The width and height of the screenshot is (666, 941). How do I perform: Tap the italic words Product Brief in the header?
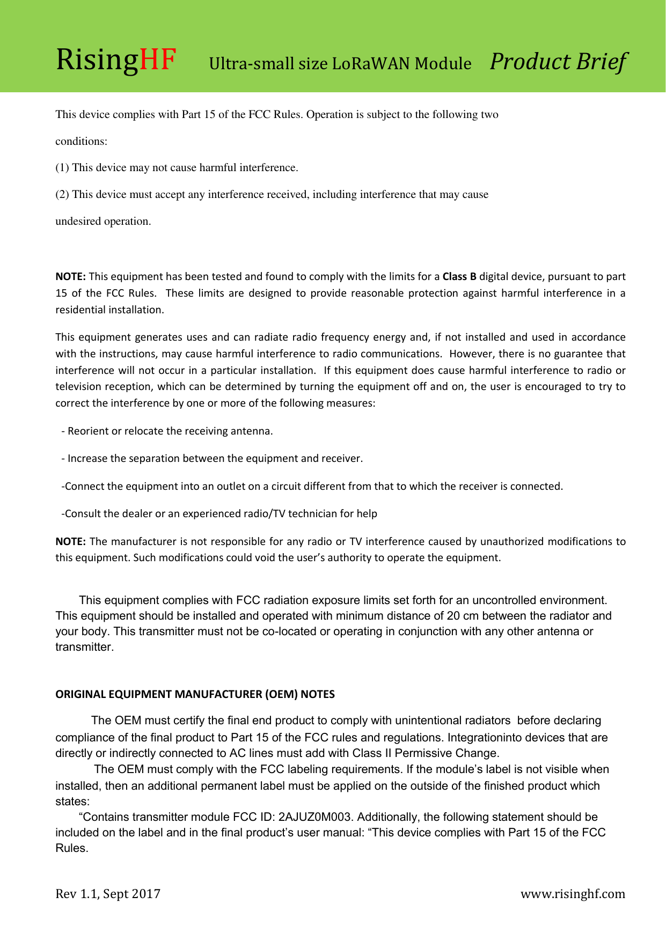pyautogui.click(x=558, y=62)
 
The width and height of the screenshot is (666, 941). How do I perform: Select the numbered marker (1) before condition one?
pyautogui.click(x=62, y=168)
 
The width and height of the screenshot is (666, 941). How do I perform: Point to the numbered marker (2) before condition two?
pyautogui.click(x=62, y=195)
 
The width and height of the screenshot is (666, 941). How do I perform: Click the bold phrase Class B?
pyautogui.click(x=459, y=277)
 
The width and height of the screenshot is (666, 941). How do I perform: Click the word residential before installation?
pyautogui.click(x=81, y=310)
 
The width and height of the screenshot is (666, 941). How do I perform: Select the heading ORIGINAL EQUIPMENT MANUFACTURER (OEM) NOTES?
pyautogui.click(x=195, y=694)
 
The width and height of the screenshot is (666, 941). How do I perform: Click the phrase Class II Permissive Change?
pyautogui.click(x=425, y=753)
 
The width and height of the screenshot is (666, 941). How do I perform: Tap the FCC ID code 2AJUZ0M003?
pyautogui.click(x=315, y=817)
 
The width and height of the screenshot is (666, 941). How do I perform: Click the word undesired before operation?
pyautogui.click(x=78, y=222)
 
